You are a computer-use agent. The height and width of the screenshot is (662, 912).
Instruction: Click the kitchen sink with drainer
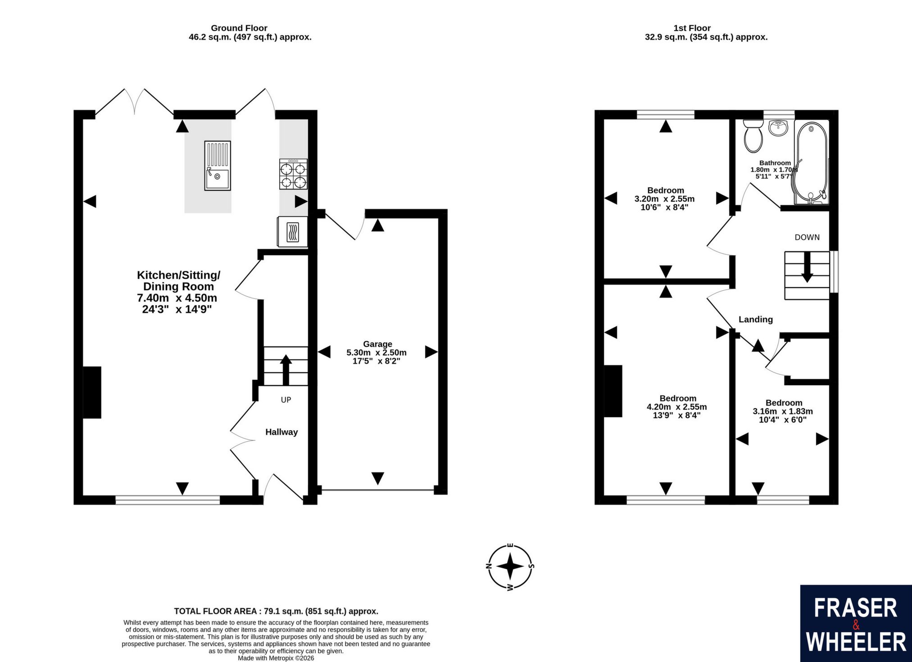pos(218,166)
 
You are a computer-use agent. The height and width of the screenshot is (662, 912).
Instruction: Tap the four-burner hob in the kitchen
pos(293,174)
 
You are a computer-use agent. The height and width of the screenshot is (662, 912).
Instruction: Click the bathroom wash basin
pos(778,127)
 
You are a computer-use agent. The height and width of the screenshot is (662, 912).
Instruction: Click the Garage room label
pos(377,344)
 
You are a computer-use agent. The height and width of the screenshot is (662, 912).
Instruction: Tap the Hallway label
pos(281,432)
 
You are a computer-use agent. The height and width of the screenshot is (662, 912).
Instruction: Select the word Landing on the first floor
pos(756,320)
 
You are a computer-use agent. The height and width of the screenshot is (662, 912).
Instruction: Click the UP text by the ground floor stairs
pos(286,400)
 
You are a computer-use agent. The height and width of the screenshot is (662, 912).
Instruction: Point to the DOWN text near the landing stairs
pos(807,237)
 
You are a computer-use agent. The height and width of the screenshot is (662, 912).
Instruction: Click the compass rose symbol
pos(510,567)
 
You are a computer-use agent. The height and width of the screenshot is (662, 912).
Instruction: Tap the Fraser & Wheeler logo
pos(856,623)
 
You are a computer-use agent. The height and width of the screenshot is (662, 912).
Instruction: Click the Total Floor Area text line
pos(276,611)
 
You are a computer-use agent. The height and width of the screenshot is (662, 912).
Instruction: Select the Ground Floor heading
pos(239,28)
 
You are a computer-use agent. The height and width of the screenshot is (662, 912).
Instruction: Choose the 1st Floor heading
pos(692,28)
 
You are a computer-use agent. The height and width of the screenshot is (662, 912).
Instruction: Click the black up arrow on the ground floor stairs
pos(286,370)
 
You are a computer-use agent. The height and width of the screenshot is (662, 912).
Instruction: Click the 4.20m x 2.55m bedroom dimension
pos(677,407)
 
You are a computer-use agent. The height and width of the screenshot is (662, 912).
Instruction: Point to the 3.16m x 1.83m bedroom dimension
pos(783,411)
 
